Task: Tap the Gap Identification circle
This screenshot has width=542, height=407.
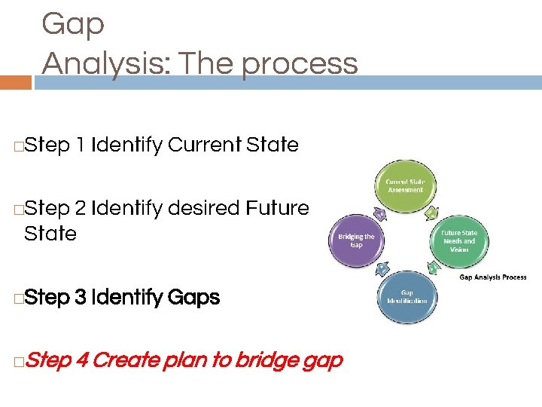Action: [x=406, y=297]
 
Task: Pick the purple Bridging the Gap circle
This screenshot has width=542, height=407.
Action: [x=356, y=241]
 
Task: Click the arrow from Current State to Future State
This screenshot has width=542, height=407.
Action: [x=430, y=214]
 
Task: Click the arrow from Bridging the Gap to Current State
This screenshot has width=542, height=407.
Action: [x=380, y=215]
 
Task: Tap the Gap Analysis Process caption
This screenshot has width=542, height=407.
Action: [x=493, y=277]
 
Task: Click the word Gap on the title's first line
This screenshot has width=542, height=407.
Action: [x=73, y=24]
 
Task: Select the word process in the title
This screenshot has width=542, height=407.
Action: [x=300, y=63]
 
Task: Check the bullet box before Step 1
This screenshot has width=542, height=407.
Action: [x=17, y=145]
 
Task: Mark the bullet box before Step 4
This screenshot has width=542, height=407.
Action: [x=17, y=362]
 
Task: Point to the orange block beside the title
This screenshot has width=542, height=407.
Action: [x=16, y=81]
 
